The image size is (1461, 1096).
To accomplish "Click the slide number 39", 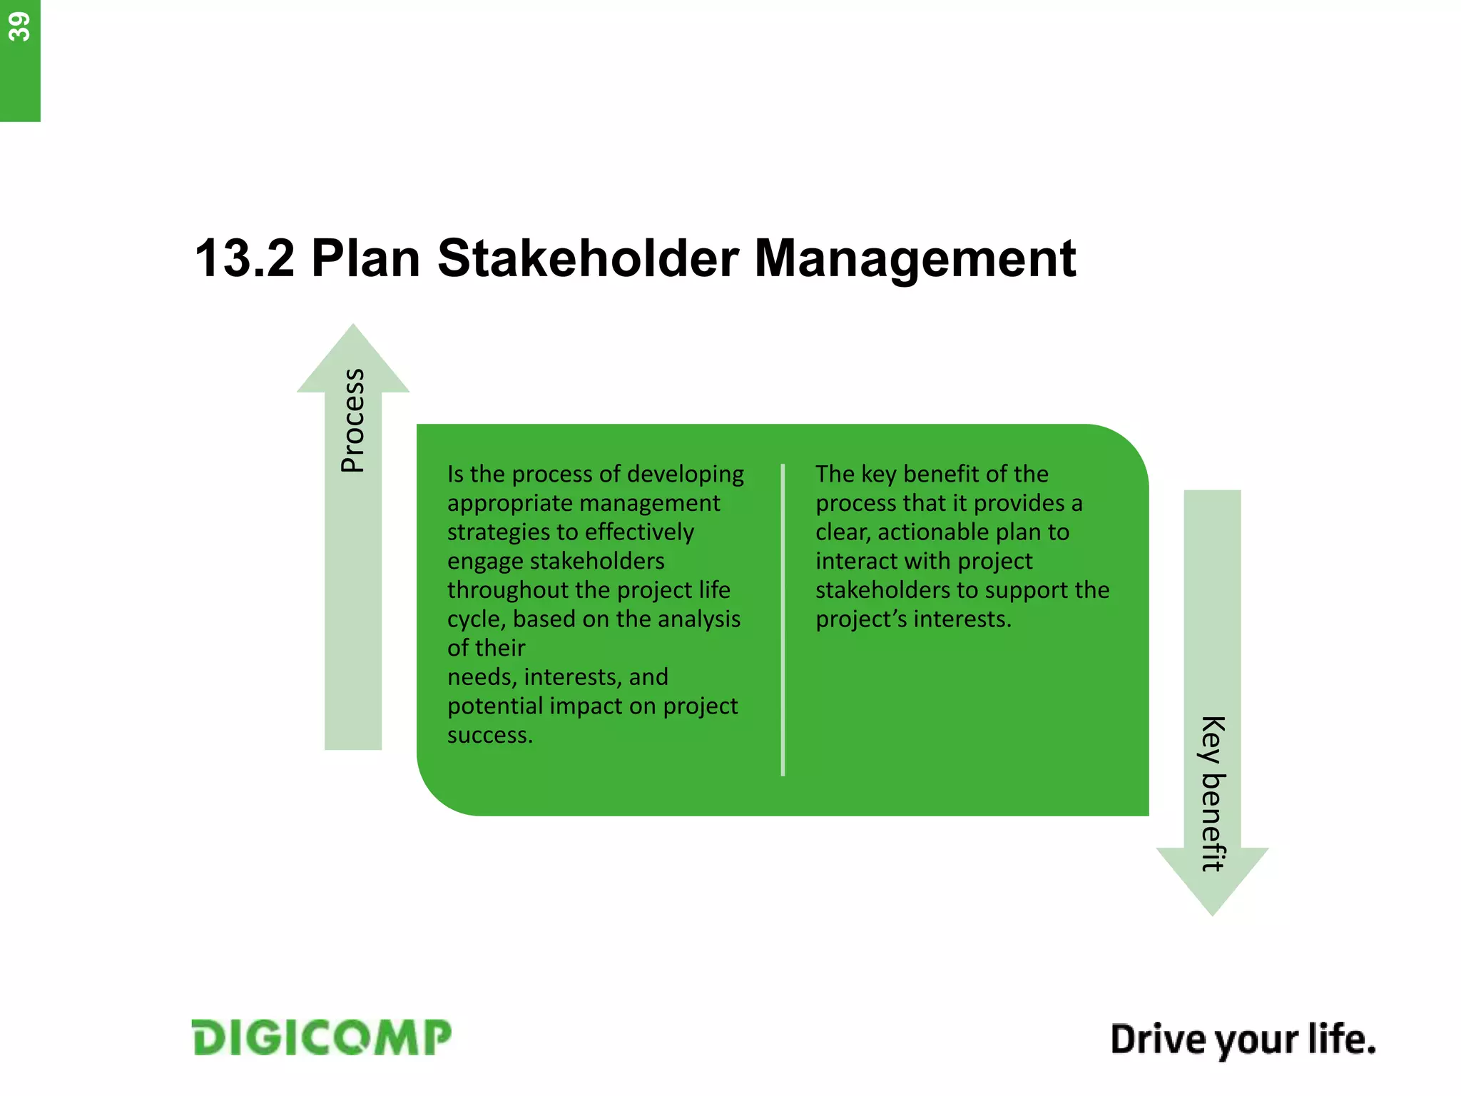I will coord(19,27).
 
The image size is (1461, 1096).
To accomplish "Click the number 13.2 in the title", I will coord(245,258).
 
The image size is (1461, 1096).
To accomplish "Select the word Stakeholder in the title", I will coord(587,258).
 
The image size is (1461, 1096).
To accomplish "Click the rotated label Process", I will coord(353,420).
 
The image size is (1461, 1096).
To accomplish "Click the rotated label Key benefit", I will coord(1212,793).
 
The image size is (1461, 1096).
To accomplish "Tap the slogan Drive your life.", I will coord(1242,1039).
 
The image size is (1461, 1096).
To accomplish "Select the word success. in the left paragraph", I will coord(490,735).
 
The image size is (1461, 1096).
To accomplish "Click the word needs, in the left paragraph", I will coord(482,677).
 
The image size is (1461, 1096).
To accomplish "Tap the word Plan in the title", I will coord(365,258).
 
